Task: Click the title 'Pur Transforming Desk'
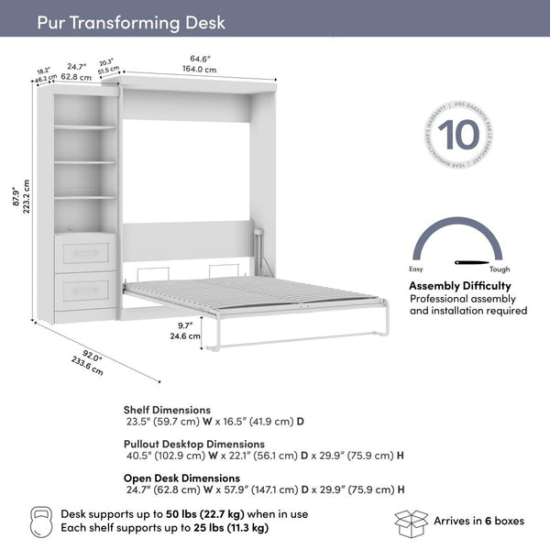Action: tap(131, 22)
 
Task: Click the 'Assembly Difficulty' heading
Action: tap(460, 286)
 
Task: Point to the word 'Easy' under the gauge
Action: tap(416, 270)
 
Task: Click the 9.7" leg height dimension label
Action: tap(185, 325)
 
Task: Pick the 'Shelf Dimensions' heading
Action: tap(167, 410)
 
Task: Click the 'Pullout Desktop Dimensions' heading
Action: tap(195, 444)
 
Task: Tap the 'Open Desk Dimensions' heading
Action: tap(181, 478)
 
